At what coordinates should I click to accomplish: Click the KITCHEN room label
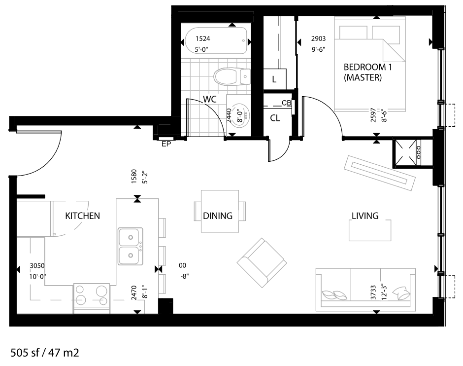(82, 216)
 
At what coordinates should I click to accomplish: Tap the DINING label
(218, 216)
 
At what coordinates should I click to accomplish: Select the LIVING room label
(365, 216)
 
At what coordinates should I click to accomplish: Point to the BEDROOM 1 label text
(368, 67)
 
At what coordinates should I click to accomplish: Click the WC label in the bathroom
(210, 99)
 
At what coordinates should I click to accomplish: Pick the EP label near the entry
(166, 144)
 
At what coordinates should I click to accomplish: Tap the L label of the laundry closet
(274, 79)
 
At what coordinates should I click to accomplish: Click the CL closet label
(275, 118)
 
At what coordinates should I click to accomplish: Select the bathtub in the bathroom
(216, 41)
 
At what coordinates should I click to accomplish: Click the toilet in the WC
(232, 76)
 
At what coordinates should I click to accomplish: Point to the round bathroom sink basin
(240, 115)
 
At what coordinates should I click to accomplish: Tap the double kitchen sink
(130, 246)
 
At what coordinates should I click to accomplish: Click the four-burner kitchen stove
(91, 295)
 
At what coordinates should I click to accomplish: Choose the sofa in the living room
(365, 290)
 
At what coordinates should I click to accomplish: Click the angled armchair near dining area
(262, 263)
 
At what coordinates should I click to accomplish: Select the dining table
(220, 211)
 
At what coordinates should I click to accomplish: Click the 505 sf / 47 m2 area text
(45, 353)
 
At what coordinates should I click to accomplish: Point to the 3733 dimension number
(373, 293)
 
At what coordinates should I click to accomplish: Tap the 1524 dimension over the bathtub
(203, 38)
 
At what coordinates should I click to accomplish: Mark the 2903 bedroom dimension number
(318, 38)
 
